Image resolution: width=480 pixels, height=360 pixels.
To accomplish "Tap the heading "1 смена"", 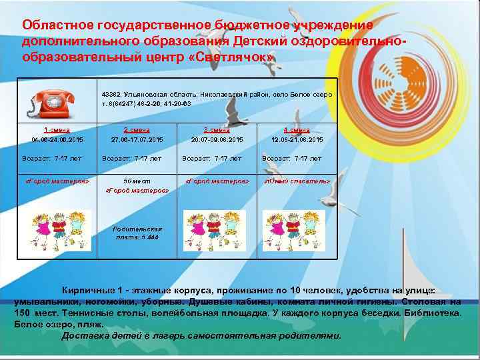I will pos(57,130).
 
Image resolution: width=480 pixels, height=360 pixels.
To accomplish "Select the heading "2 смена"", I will pos(137,130).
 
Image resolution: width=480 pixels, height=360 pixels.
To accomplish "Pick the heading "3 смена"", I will pos(217,130).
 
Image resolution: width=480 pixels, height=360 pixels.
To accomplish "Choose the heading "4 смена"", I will pos(297,130).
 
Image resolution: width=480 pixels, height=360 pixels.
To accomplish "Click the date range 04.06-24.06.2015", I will pos(57,139).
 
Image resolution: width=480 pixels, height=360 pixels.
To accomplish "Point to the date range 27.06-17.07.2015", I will pos(137,139).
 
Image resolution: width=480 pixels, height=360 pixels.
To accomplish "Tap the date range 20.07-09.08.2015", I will pos(217,139).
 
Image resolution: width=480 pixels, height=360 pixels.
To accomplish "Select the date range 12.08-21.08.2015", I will pos(297,139).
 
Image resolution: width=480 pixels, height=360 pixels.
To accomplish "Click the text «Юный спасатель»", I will pos(297,181).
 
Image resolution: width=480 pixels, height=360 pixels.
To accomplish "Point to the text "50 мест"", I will pos(137,181).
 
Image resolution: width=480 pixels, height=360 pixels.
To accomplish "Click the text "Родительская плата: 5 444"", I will pos(137,233).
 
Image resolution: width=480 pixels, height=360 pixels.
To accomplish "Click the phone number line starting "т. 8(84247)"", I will pos(146,104).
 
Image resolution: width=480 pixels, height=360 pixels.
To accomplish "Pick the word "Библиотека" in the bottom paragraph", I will pos(431,313).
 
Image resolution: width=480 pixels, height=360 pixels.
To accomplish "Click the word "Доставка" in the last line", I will pos(84,335).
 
